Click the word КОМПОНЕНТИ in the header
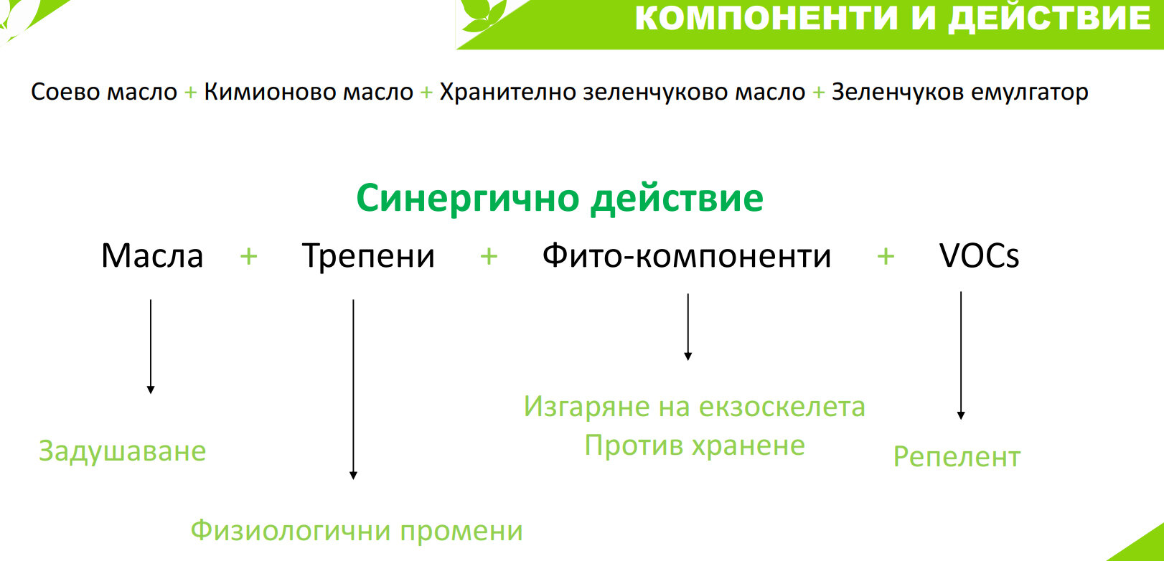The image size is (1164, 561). (x=766, y=18)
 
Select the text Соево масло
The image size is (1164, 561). (x=104, y=92)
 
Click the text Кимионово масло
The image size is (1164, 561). (x=309, y=92)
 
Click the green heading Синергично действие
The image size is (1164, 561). (x=560, y=199)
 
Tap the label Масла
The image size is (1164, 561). (x=151, y=255)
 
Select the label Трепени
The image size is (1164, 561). (x=368, y=255)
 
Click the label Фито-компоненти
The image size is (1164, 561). (x=687, y=255)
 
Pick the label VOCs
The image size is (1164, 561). (x=979, y=255)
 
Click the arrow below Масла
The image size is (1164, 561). (x=151, y=346)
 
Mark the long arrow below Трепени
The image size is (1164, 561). (x=353, y=389)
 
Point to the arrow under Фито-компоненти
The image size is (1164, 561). (x=688, y=326)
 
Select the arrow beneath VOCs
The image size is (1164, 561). (x=961, y=355)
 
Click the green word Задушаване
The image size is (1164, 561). (x=123, y=451)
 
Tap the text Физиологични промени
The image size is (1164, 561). (x=357, y=531)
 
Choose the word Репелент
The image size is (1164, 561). (x=957, y=457)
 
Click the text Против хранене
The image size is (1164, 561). (x=695, y=445)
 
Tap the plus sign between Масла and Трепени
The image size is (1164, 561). (x=249, y=256)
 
